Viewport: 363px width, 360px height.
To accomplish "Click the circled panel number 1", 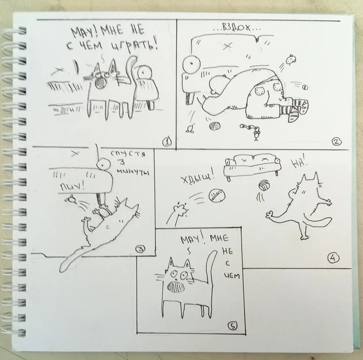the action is coord(167,142).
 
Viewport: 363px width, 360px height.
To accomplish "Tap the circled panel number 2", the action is coord(336,141).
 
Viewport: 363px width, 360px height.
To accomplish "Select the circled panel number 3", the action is coord(141,249).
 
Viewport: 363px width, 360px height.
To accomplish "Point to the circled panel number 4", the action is coord(333,258).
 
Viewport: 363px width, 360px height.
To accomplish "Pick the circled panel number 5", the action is coord(233,326).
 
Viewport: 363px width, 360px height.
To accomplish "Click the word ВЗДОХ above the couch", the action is coord(236,28).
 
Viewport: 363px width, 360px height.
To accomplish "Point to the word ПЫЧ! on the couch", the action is coord(72,186).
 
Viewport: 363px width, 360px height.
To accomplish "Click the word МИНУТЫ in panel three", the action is coord(133,172).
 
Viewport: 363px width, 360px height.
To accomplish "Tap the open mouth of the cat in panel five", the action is coord(176,286).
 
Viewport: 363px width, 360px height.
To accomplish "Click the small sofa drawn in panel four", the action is coord(252,166).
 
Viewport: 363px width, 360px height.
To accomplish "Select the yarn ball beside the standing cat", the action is coord(264,185).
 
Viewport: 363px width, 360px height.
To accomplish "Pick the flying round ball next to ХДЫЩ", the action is coord(217,196).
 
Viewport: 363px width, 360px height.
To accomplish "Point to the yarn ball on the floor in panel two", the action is coord(215,126).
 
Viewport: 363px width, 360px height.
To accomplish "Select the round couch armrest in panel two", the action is coord(191,64).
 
